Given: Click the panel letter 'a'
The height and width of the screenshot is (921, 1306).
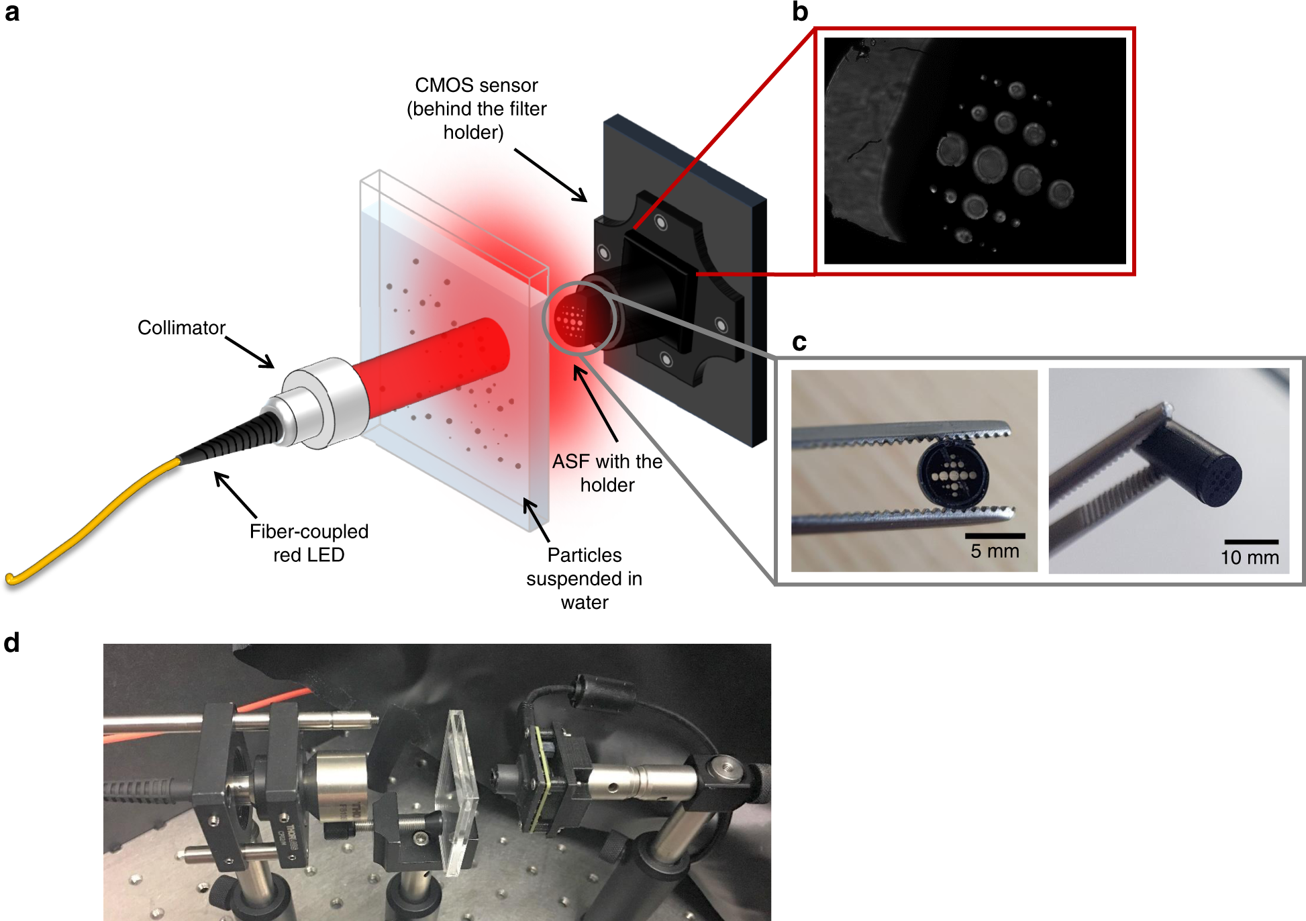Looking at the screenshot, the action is (x=11, y=12).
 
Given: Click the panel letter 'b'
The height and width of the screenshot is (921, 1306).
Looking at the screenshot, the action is (x=800, y=11).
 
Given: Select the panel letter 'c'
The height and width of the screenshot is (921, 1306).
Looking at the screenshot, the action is (x=799, y=342).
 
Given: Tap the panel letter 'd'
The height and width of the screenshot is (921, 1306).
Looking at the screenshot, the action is (x=11, y=642).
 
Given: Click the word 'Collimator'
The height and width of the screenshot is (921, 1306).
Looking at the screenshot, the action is (x=181, y=328).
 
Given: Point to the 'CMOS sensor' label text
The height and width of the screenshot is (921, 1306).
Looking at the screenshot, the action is (x=476, y=85).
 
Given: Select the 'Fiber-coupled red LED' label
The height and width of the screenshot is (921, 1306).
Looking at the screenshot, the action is (x=309, y=543).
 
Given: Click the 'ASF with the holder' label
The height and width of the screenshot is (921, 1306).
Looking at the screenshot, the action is (x=607, y=473).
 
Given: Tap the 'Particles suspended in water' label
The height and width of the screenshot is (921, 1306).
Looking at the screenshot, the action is (x=585, y=579).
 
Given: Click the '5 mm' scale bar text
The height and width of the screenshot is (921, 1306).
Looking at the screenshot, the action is (x=995, y=551).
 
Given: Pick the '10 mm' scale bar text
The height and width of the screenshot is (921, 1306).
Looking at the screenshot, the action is (x=1250, y=557).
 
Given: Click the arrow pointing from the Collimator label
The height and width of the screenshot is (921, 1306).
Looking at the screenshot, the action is (x=250, y=352).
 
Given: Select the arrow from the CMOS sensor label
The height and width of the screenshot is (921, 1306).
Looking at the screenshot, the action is (x=550, y=175).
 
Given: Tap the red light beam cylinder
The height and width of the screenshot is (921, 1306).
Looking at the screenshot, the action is (x=430, y=366).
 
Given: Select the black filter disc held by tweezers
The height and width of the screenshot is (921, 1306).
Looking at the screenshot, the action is (x=952, y=474).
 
